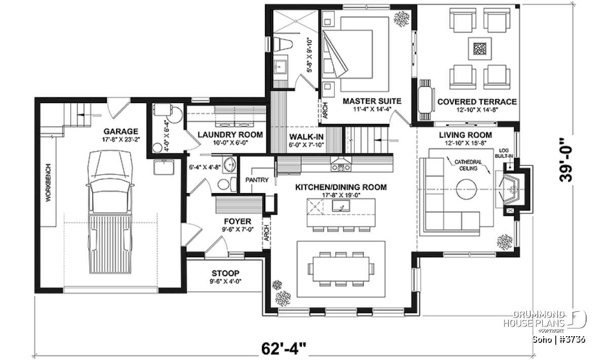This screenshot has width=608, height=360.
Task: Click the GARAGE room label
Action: [x=121, y=132]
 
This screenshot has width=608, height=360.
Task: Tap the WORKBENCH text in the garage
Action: [x=48, y=182]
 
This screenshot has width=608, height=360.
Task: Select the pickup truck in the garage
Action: [x=110, y=212]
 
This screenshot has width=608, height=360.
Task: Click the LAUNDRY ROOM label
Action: [x=230, y=135]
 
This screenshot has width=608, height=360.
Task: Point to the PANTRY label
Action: [x=257, y=180]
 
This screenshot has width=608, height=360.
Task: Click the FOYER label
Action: [x=238, y=221]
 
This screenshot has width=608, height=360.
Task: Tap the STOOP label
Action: [x=225, y=273]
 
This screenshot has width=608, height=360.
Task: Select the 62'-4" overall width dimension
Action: [x=284, y=348]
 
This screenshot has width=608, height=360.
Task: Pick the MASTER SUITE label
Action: [x=372, y=101]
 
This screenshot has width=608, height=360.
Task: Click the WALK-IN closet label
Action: [x=306, y=137]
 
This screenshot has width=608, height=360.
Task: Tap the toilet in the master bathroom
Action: [x=283, y=44]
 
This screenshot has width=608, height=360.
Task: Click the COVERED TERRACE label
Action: [x=477, y=102]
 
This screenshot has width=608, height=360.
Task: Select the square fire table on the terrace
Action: [x=480, y=49]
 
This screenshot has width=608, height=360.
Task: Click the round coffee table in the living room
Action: [x=466, y=189]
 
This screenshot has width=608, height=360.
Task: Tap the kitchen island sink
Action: [x=341, y=206]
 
